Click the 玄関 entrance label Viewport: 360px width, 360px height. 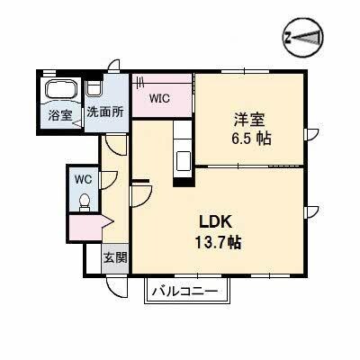point(114,258)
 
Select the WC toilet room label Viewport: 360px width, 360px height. point(84,178)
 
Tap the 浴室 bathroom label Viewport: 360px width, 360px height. point(60,114)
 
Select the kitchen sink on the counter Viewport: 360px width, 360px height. point(184,160)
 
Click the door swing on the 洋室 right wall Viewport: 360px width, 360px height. point(314,138)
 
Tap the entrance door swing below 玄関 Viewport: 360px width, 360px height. point(114,284)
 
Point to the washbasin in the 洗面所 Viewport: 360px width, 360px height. point(95,87)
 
